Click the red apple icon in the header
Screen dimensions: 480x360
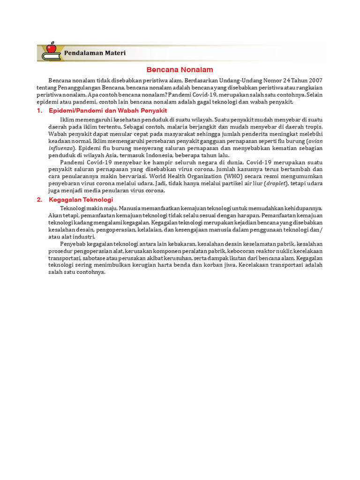(51, 48)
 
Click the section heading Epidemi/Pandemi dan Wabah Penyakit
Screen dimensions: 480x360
(108, 111)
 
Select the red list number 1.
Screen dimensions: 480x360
(39, 111)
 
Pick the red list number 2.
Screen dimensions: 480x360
(39, 200)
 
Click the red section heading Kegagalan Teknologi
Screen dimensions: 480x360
(81, 200)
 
